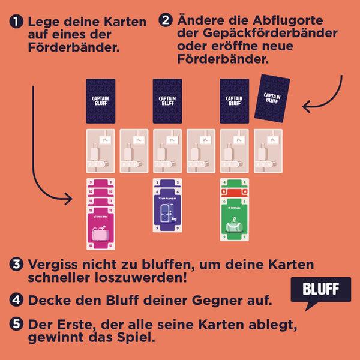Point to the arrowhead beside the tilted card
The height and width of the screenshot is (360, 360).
(x=307, y=108)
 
